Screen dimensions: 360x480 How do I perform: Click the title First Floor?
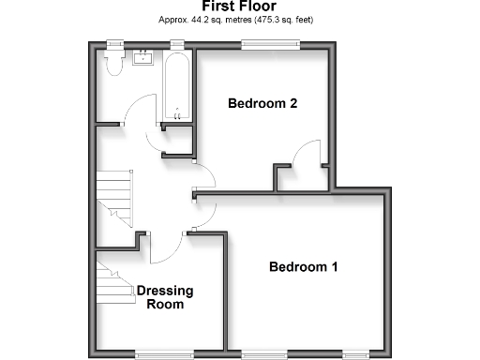(x=239, y=7)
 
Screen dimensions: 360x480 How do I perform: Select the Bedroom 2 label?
(x=262, y=104)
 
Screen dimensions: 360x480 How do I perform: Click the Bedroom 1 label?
(x=303, y=267)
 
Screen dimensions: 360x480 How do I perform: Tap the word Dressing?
(x=165, y=291)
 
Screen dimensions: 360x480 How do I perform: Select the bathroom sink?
(x=144, y=58)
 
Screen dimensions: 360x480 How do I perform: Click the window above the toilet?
(x=117, y=43)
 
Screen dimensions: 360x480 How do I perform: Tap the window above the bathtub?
(x=176, y=43)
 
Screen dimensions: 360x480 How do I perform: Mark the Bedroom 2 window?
(x=270, y=43)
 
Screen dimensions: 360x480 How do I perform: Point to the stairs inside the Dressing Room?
(x=112, y=281)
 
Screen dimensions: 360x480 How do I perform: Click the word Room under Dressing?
(x=165, y=305)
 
